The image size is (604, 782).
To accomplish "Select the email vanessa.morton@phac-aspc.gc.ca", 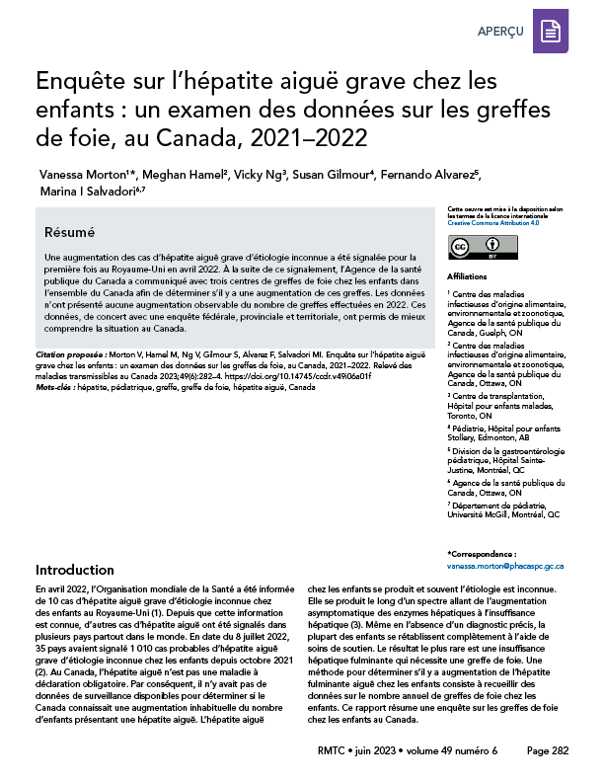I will click(505, 567).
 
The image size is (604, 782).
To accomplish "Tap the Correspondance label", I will click(482, 556).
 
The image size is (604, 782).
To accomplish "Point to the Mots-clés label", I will click(57, 389).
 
